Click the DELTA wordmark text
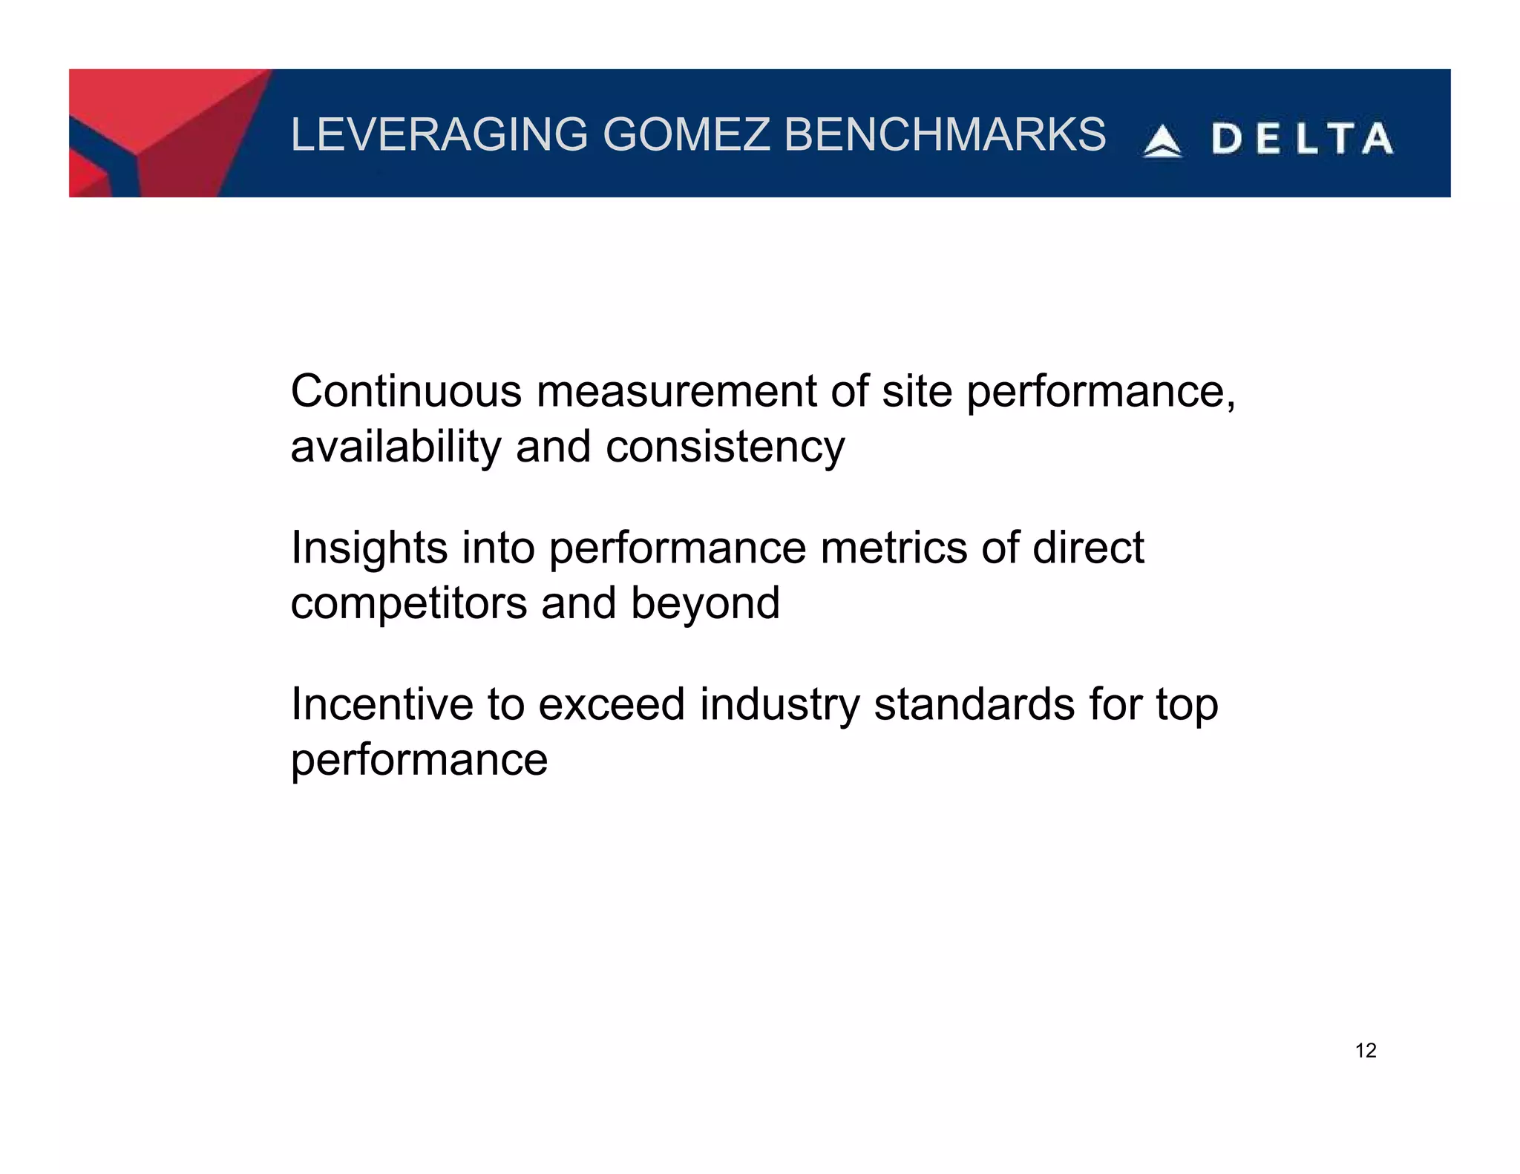click(1303, 140)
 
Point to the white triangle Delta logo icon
click(1162, 141)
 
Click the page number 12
click(1366, 1051)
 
